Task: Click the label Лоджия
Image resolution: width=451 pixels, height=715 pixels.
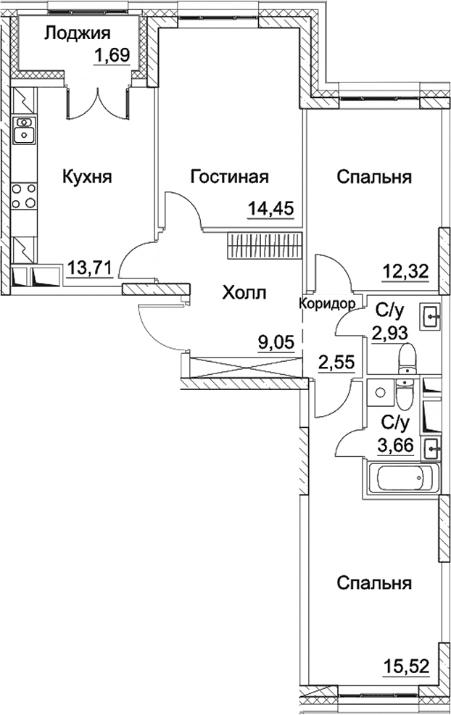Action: (x=77, y=33)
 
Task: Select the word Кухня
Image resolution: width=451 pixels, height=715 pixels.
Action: (x=87, y=176)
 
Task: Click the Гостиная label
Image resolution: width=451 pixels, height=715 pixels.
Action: (x=230, y=176)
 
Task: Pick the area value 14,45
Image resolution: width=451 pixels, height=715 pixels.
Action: (x=270, y=210)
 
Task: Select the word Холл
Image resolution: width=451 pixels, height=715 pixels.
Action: (x=244, y=293)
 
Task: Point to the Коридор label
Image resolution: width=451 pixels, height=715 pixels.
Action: (x=327, y=304)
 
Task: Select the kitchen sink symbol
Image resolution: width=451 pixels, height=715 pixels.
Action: (x=25, y=130)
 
